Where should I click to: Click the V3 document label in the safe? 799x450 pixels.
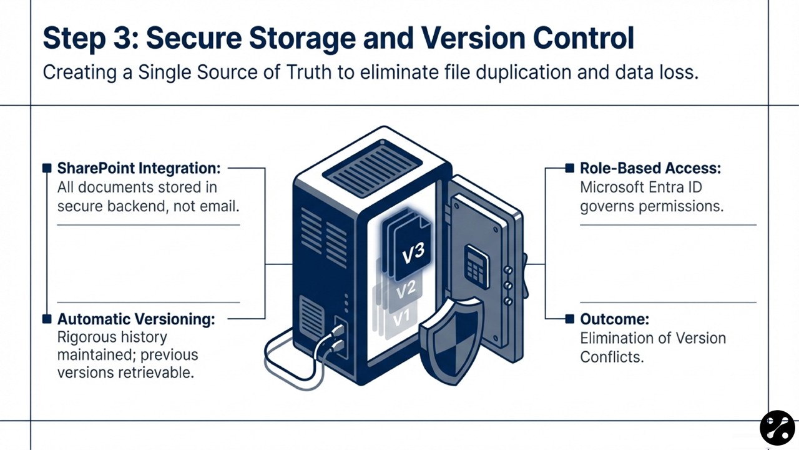[x=413, y=252]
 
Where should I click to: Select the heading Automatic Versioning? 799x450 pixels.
[x=136, y=319]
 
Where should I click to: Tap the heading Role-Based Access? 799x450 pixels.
[x=650, y=168]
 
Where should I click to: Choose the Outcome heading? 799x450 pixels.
[x=614, y=319]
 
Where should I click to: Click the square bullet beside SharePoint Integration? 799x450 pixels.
[x=46, y=168]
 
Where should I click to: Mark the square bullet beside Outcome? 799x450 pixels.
[x=569, y=319]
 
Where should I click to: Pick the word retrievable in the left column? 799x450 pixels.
[x=162, y=372]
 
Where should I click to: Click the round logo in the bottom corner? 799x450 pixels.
[x=777, y=427]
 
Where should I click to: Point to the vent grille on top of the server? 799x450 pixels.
[x=373, y=168]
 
